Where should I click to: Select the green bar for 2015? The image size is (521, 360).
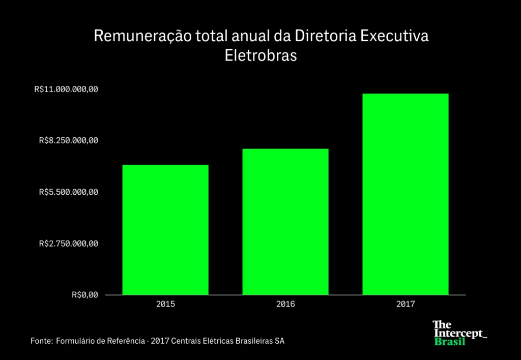(165, 229)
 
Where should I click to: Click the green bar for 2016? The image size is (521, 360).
(285, 222)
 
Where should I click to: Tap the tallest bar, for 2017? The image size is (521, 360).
(406, 194)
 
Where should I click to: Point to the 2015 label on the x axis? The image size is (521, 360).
(165, 305)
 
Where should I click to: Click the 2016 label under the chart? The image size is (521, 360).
(285, 305)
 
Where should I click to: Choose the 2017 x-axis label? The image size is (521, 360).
(406, 305)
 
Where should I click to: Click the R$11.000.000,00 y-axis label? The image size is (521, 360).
(66, 89)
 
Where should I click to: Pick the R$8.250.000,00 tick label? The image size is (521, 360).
(68, 141)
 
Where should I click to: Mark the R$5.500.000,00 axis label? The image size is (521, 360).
(68, 192)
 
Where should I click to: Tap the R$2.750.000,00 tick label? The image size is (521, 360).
(68, 244)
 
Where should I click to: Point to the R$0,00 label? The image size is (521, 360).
(84, 295)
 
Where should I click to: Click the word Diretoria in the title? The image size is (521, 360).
(322, 37)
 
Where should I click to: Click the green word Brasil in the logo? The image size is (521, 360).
(450, 341)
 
